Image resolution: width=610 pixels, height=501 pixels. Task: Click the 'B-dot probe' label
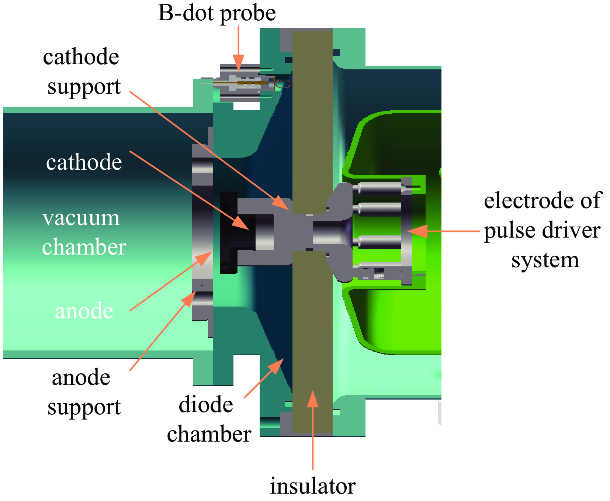tap(217, 14)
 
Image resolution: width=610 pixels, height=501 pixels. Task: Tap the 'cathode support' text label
tap(82, 72)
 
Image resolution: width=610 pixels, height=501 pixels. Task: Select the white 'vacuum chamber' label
tap(84, 232)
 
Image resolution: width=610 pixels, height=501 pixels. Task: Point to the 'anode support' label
tap(84, 392)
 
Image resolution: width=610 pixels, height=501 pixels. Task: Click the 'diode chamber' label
tap(209, 419)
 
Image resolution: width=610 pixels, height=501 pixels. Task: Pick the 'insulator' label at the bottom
tap(313, 486)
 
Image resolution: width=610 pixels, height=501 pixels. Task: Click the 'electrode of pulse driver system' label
tap(543, 230)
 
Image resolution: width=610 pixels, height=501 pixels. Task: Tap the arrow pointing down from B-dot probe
tap(239, 48)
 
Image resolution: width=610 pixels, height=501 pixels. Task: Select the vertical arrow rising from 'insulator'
tap(313, 430)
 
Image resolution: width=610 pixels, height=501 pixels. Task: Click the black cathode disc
tap(228, 232)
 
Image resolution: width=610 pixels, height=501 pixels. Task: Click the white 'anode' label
tap(84, 311)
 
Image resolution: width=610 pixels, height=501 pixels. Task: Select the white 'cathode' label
tap(84, 162)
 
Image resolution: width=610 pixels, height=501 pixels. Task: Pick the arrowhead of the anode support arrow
tap(190, 298)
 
